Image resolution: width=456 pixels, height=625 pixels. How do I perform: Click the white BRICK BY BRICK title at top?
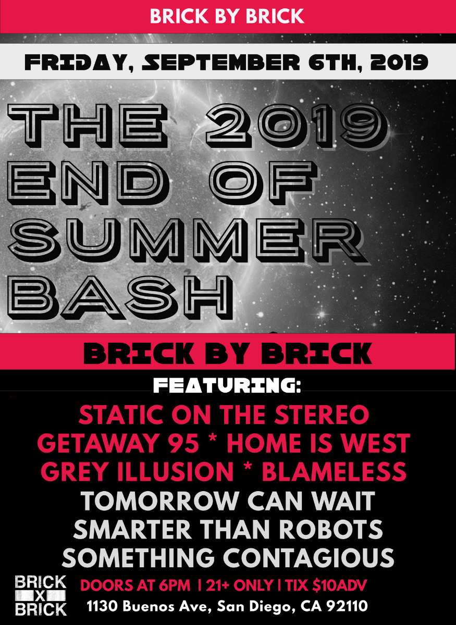(x=227, y=16)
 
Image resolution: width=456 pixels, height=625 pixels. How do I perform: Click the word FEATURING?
(x=227, y=386)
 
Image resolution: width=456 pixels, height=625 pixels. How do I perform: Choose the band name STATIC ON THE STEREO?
(x=224, y=415)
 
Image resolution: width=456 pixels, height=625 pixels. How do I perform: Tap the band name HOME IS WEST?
(x=318, y=444)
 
